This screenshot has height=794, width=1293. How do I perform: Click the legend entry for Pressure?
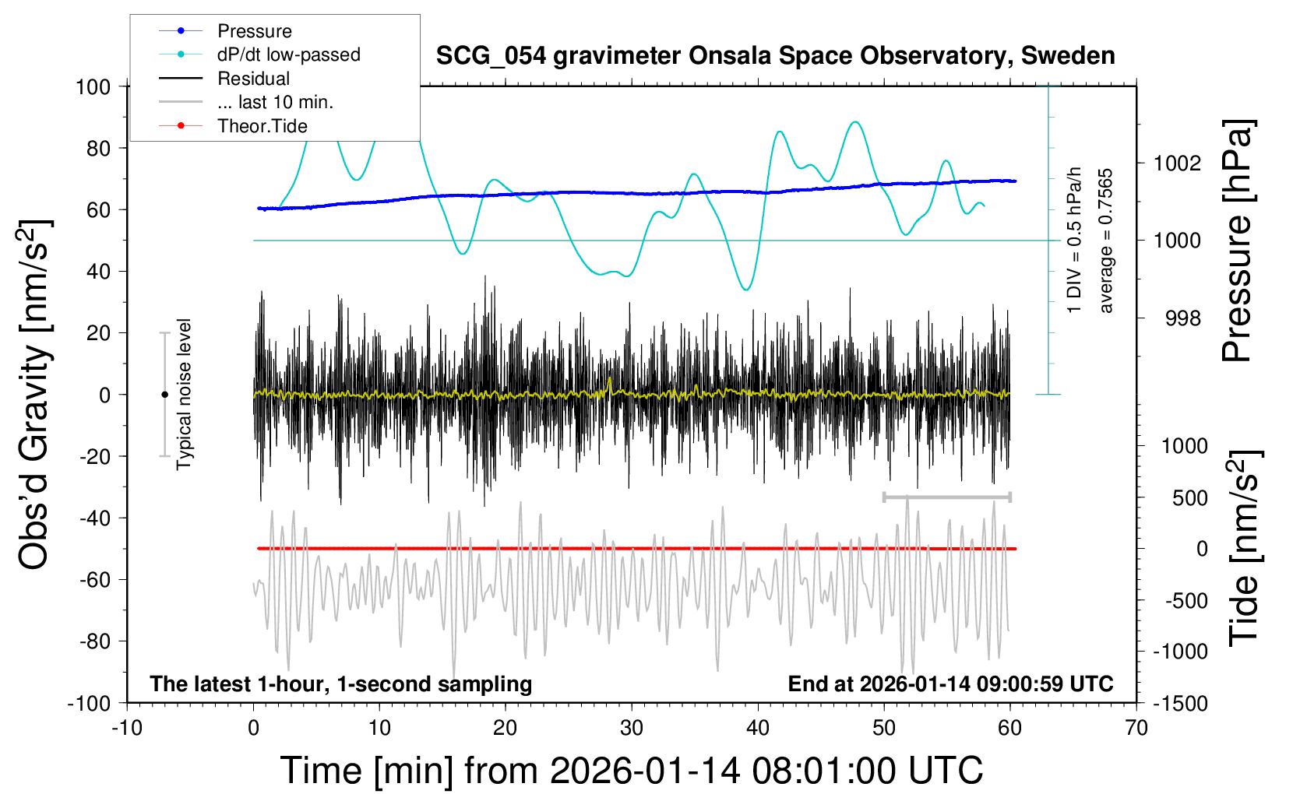tap(254, 31)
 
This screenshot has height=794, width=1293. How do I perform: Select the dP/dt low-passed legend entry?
tap(288, 54)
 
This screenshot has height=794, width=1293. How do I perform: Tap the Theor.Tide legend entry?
tap(262, 126)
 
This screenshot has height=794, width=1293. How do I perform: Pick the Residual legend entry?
tap(253, 79)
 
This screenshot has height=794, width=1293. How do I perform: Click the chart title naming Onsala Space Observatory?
tap(775, 56)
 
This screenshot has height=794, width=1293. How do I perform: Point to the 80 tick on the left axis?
tap(98, 148)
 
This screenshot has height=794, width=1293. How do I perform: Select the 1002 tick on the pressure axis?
tap(1177, 163)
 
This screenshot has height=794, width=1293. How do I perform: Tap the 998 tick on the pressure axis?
tap(1182, 318)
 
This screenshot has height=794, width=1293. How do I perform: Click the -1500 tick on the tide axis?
tap(1180, 704)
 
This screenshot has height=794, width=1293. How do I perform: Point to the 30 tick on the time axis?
tap(632, 728)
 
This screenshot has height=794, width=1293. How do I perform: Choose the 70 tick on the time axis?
tap(1136, 728)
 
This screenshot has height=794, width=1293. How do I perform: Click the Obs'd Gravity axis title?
tap(36, 395)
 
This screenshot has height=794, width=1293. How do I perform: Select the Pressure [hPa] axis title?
tap(1238, 241)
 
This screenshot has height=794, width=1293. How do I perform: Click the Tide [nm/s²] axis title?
tap(1245, 548)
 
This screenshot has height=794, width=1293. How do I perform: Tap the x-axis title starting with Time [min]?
tap(632, 771)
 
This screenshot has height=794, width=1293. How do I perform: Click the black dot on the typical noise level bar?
tap(164, 395)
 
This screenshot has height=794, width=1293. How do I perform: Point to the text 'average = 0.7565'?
tap(1106, 241)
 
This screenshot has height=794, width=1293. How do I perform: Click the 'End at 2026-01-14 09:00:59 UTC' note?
tap(950, 684)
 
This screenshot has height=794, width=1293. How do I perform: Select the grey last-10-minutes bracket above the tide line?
tap(946, 497)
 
